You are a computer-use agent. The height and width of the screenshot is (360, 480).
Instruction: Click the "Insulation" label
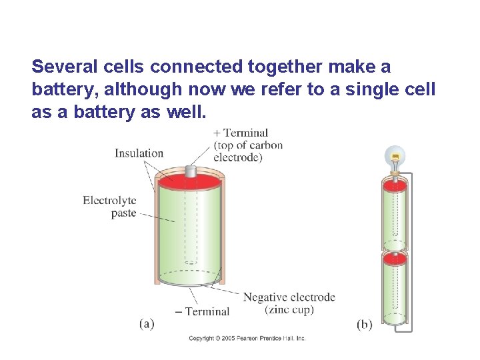coord(139,153)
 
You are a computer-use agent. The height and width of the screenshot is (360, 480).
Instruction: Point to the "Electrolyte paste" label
coord(109,206)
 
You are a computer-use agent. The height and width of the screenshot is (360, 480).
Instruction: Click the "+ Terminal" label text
coord(241,133)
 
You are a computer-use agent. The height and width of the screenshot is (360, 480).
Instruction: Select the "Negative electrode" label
coord(289,297)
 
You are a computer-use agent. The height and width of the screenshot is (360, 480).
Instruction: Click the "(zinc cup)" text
coord(289,309)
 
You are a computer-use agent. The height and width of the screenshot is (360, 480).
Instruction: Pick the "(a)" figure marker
coord(147,324)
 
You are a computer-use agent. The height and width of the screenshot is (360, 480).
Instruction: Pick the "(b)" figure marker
coord(365,325)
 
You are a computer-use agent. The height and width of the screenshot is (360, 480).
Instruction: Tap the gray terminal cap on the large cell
coord(191,171)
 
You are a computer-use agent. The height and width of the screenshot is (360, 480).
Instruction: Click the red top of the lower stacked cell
coord(395,258)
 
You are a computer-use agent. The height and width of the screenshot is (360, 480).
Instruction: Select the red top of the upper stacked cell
coord(395,185)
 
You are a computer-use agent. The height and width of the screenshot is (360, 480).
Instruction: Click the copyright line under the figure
coord(247,339)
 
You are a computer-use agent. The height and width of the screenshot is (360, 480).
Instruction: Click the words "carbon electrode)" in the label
coord(248,151)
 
